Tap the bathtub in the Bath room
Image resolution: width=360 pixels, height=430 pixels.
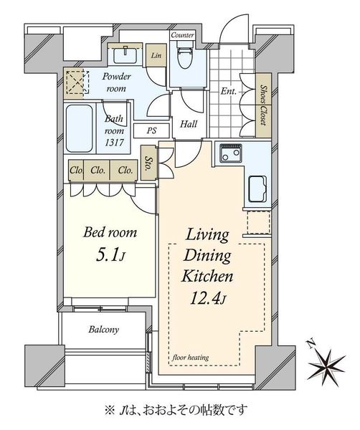pyautogui.click(x=79, y=128)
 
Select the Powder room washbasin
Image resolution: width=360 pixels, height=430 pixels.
pyautogui.click(x=125, y=54)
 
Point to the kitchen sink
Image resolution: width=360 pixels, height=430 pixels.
pyautogui.click(x=257, y=189)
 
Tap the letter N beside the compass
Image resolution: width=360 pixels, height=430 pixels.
pyautogui.click(x=311, y=343)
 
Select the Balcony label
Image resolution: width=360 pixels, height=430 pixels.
pyautogui.click(x=104, y=330)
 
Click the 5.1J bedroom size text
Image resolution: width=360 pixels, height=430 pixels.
pyautogui.click(x=110, y=255)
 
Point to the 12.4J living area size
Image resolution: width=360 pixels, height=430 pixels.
pyautogui.click(x=208, y=298)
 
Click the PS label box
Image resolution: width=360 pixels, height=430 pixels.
pyautogui.click(x=151, y=131)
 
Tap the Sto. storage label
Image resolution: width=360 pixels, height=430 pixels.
pyautogui.click(x=149, y=163)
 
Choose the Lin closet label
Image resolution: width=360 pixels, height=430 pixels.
pyautogui.click(x=156, y=55)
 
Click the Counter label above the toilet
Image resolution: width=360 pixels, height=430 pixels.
pyautogui.click(x=182, y=35)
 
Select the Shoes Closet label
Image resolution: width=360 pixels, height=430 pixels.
pyautogui.click(x=264, y=105)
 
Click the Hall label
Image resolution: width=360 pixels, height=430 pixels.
pyautogui.click(x=189, y=124)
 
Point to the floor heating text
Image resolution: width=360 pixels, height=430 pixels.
pyautogui.click(x=191, y=358)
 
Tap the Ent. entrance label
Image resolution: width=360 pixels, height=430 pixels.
pyautogui.click(x=229, y=91)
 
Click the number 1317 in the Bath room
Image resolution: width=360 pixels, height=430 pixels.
pyautogui.click(x=114, y=143)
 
